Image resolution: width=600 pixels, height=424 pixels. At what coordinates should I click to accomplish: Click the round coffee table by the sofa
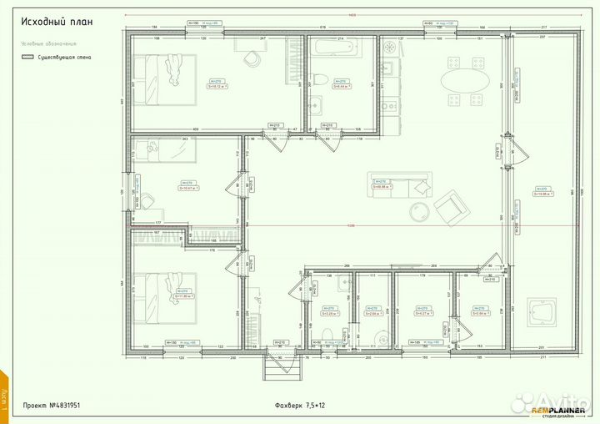click(418, 208)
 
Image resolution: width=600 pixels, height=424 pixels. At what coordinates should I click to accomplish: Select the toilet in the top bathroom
click(317, 80)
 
